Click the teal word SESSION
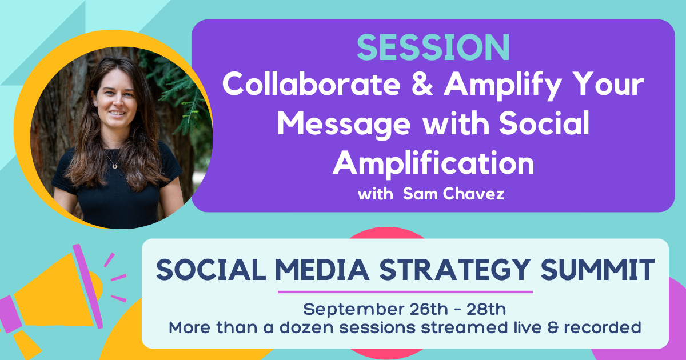433,47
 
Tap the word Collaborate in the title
312,84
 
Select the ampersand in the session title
422,84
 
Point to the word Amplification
433,163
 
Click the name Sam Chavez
453,194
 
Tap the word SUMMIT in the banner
597,270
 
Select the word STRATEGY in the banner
455,270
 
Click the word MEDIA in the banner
322,270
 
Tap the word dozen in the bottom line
306,327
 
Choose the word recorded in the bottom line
603,327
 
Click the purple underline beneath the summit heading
405,292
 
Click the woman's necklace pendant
114,166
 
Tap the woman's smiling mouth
117,113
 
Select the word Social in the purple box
544,123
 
